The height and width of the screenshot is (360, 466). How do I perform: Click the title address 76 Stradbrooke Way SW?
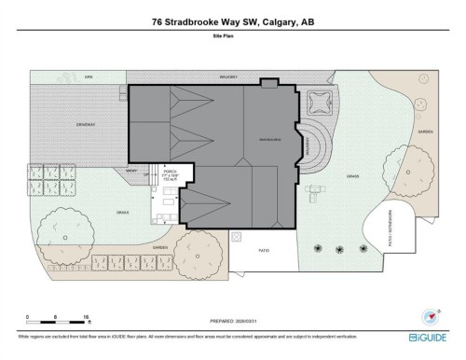232,24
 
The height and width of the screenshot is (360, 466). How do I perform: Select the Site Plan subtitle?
232,42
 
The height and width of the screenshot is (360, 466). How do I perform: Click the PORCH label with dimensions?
169,174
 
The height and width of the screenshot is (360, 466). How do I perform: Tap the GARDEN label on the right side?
426,132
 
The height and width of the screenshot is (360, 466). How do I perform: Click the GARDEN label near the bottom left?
159,247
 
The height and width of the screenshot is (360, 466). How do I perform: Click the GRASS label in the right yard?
352,174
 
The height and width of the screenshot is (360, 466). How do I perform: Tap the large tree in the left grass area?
61,227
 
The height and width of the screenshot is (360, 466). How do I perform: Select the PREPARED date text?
232,315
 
